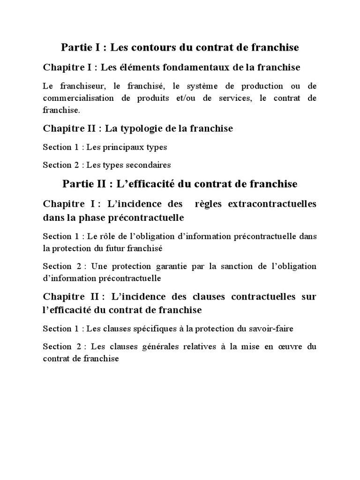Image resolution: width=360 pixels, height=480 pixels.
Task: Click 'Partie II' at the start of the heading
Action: (x=80, y=184)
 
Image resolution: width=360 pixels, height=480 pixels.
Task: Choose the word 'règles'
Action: (x=210, y=204)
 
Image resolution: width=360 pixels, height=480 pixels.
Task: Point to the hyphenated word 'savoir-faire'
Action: (x=271, y=329)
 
